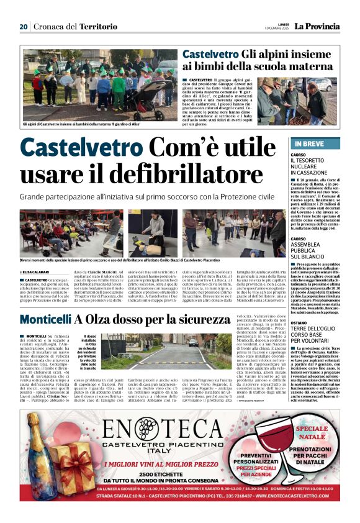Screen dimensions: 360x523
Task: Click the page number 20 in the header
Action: [24, 27]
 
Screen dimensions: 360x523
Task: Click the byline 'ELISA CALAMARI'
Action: [38, 271]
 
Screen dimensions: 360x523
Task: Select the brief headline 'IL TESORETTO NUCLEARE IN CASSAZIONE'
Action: [310, 166]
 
